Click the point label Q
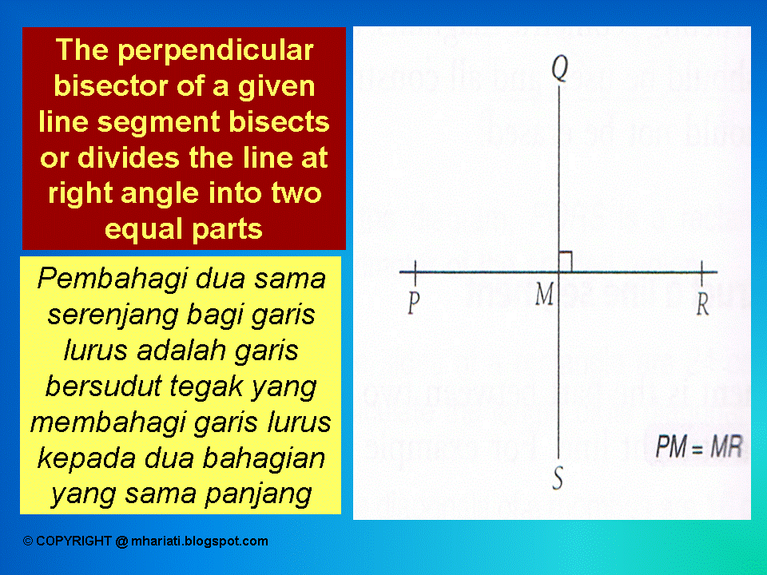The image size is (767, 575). click(560, 71)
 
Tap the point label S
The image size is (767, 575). click(558, 478)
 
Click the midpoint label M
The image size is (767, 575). click(544, 296)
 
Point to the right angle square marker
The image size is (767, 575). click(565, 260)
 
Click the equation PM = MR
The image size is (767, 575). click(697, 446)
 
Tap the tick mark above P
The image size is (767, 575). click(415, 272)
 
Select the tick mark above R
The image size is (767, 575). click(701, 272)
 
